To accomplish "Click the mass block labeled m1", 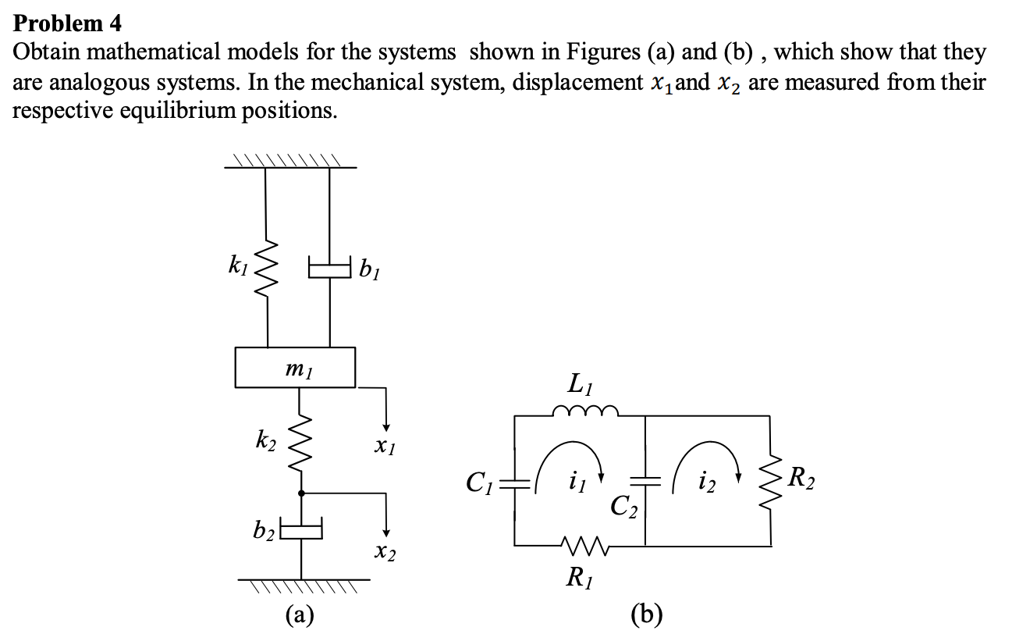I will pyautogui.click(x=295, y=368).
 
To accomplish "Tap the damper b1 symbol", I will pyautogui.click(x=329, y=270).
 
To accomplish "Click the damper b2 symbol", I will pyautogui.click(x=301, y=531).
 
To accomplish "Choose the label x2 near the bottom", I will pyautogui.click(x=385, y=554).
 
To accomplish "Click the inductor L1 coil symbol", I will pyautogui.click(x=585, y=411).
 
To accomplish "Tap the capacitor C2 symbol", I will pyautogui.click(x=645, y=482).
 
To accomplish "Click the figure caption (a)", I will pyautogui.click(x=300, y=615).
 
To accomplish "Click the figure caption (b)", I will pyautogui.click(x=648, y=615).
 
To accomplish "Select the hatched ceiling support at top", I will pyautogui.click(x=289, y=161).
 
